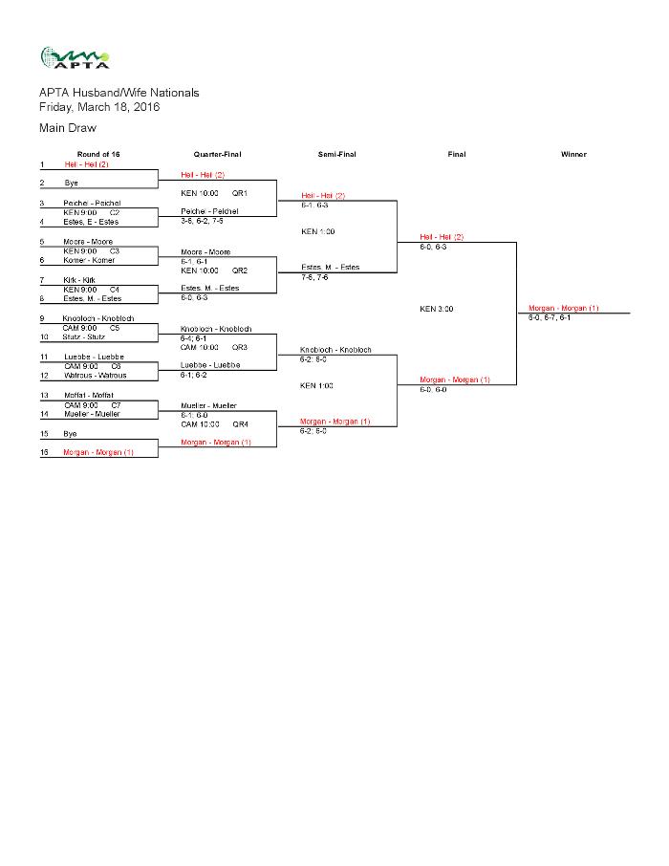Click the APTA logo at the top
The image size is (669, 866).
(x=75, y=58)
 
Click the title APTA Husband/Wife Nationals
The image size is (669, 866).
(x=119, y=93)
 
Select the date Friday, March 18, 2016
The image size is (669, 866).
(x=99, y=107)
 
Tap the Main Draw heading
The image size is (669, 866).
(x=68, y=127)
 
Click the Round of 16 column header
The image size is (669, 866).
(x=98, y=154)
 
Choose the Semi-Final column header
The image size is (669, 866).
(x=336, y=154)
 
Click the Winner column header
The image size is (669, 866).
(x=573, y=154)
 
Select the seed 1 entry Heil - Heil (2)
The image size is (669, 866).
(x=87, y=164)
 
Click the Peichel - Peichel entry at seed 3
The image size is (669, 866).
(x=92, y=203)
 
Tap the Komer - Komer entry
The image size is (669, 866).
(x=89, y=260)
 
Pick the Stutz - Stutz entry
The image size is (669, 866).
(x=86, y=336)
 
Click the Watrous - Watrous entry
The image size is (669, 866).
(x=95, y=375)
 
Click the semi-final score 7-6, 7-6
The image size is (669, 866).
(x=315, y=277)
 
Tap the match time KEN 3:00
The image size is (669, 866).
(x=437, y=309)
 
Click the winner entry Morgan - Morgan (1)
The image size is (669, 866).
(x=564, y=308)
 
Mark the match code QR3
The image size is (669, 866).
(x=240, y=347)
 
